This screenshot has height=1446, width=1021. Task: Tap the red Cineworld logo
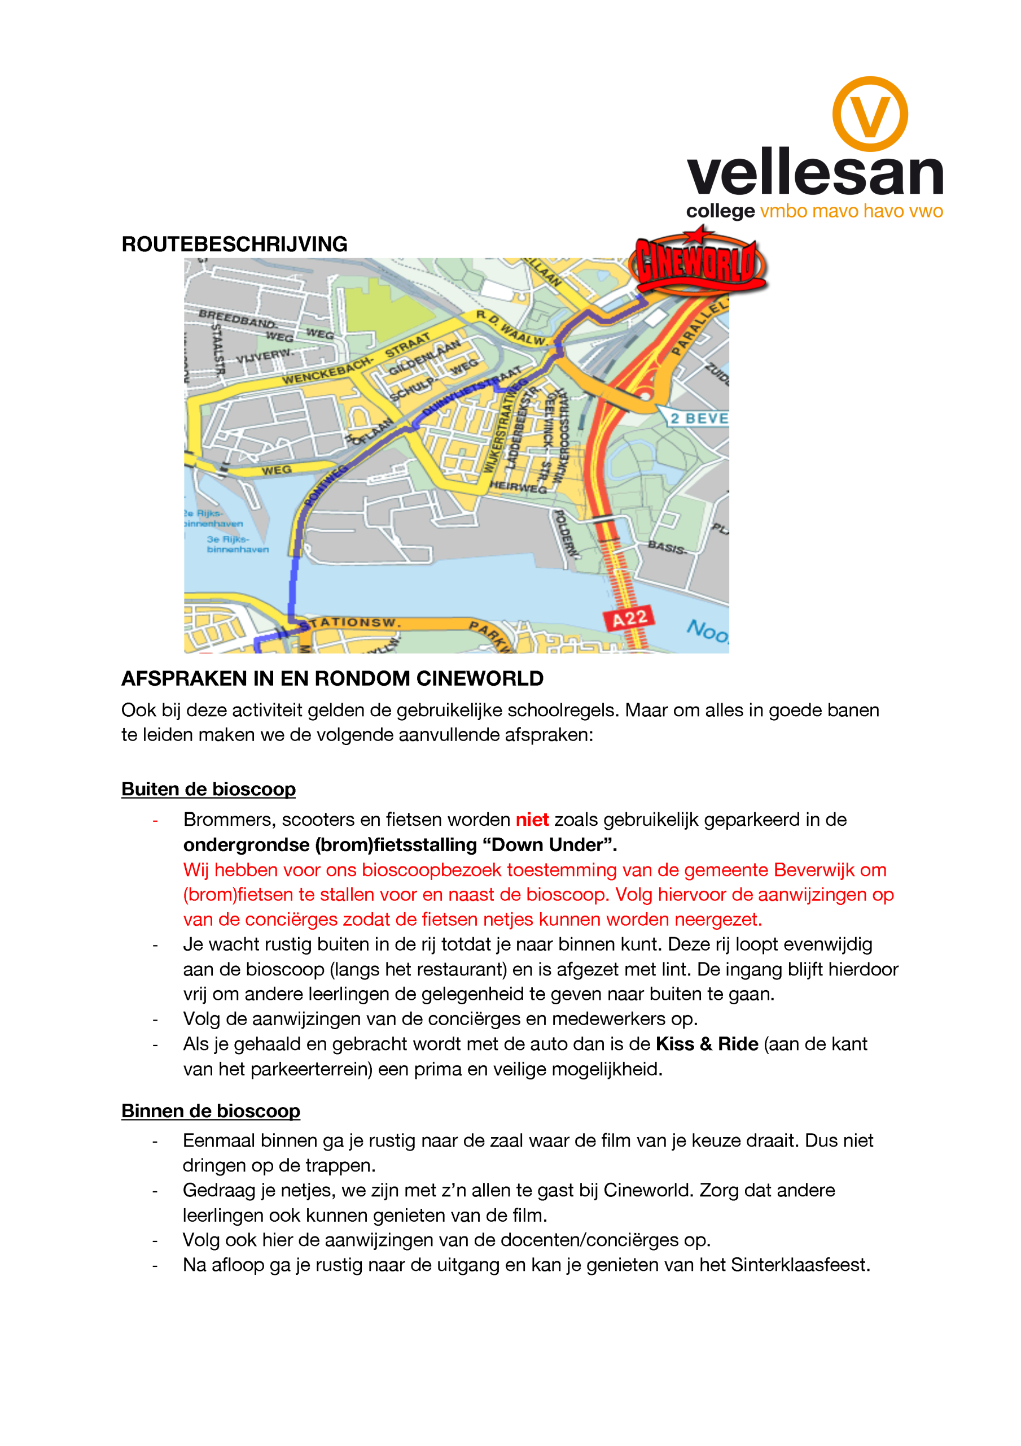tap(698, 262)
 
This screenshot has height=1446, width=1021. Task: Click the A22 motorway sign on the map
tap(628, 619)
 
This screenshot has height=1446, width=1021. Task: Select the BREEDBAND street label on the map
tap(237, 318)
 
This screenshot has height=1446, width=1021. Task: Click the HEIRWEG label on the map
tap(518, 487)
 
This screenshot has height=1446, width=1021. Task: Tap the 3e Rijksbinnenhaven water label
tap(237, 544)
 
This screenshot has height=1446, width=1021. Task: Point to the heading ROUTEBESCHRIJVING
tap(234, 245)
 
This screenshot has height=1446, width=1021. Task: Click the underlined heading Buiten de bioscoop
tap(208, 789)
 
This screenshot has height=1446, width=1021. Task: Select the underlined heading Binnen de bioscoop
tap(211, 1110)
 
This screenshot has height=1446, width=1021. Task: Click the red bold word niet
tap(532, 820)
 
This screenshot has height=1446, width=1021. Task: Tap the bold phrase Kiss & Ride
tap(706, 1044)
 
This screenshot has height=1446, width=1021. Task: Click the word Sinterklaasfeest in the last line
tap(800, 1265)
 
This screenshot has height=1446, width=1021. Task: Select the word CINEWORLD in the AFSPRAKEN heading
tap(480, 679)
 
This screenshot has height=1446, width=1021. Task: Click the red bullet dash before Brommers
tap(155, 821)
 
